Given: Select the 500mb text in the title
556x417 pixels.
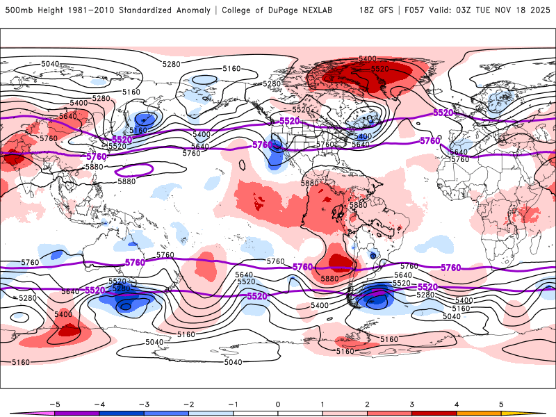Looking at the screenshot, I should click(x=16, y=10).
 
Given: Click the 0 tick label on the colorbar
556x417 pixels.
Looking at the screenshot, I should click(x=277, y=404).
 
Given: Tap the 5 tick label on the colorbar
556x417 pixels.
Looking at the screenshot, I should click(x=501, y=404).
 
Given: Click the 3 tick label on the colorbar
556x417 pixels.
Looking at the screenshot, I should click(x=412, y=404).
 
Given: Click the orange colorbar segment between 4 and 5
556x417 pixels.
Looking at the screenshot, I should click(x=479, y=413).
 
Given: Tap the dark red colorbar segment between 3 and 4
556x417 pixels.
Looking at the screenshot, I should click(x=434, y=413).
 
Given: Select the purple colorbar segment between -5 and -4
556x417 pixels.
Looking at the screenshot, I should click(x=76, y=413).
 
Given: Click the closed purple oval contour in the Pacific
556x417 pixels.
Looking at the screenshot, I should click(x=133, y=169).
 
